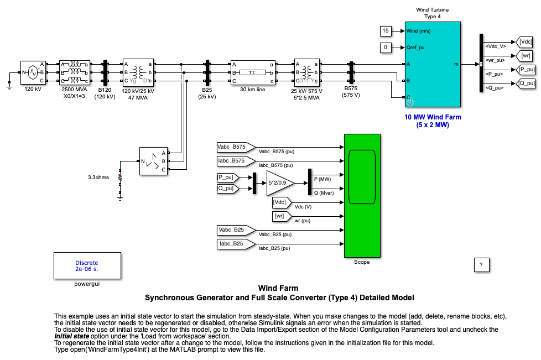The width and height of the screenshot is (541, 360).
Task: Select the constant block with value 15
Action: [386, 30]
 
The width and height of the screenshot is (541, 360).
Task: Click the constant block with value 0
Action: [386, 48]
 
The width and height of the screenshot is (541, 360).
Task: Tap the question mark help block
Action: [481, 265]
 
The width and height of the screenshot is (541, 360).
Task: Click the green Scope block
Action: [362, 196]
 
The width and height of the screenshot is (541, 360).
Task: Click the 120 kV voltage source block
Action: [33, 72]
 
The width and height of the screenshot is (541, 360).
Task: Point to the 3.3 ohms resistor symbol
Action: [120, 178]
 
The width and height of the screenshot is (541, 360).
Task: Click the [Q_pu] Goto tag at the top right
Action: [527, 84]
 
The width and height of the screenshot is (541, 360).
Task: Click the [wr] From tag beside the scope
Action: [279, 216]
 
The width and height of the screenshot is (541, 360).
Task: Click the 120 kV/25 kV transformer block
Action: [138, 72]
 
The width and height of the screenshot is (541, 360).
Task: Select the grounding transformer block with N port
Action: [153, 161]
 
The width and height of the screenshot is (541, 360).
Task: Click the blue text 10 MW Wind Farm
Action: [433, 117]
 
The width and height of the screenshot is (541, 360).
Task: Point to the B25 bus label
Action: [207, 90]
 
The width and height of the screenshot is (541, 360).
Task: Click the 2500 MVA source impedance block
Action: [74, 72]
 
